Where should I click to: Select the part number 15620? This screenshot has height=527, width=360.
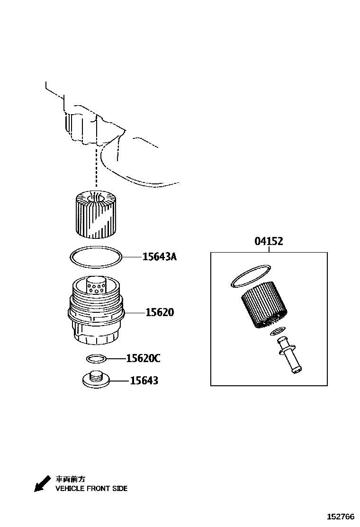pos(160,313)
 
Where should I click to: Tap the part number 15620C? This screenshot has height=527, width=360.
pos(143,358)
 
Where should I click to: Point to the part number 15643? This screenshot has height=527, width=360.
pos(144,381)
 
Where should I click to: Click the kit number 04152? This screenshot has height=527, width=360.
pos(269,241)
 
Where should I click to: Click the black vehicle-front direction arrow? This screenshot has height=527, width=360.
pos(42,483)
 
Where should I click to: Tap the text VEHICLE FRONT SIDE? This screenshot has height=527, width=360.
pos(91,489)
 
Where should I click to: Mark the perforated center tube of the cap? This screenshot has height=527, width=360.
pos(98,287)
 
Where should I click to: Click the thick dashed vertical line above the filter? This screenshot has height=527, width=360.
pos(96,166)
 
